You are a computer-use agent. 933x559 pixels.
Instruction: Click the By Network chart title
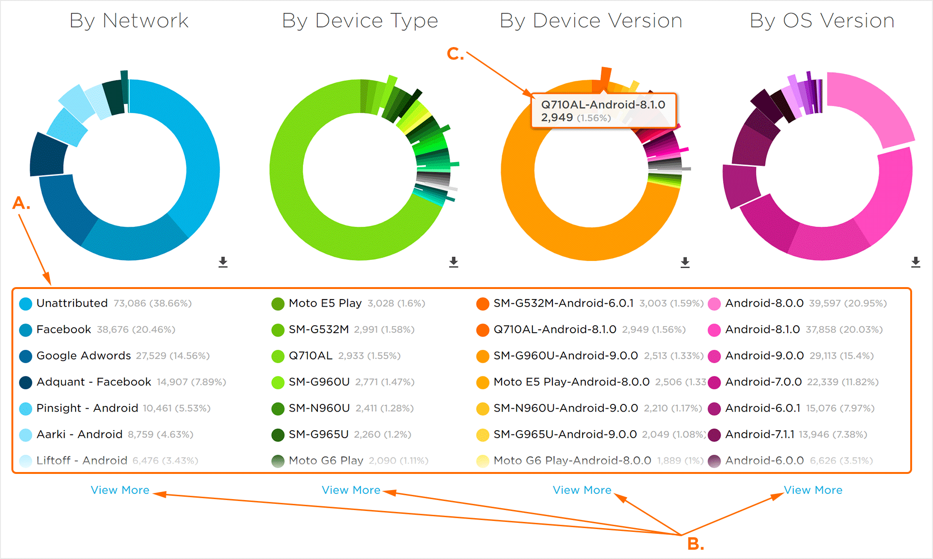click(129, 21)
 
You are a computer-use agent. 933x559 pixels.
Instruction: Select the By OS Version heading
click(822, 21)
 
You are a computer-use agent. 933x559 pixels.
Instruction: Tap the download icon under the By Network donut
click(223, 262)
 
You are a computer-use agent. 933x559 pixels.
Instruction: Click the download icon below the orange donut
click(685, 262)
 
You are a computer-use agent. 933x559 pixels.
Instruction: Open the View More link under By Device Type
click(351, 490)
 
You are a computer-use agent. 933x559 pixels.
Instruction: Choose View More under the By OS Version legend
click(813, 490)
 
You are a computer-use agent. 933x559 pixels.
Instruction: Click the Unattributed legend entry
click(72, 303)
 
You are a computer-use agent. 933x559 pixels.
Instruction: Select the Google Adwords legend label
click(84, 356)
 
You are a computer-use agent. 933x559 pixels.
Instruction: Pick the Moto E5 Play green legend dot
click(278, 304)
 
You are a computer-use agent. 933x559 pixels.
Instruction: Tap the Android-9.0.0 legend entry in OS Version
click(764, 356)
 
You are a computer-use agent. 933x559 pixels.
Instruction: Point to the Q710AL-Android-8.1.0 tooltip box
click(603, 110)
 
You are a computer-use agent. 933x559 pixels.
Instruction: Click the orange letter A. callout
click(21, 203)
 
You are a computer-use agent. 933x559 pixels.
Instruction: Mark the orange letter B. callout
click(695, 544)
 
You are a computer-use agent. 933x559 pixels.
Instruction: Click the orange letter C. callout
click(455, 54)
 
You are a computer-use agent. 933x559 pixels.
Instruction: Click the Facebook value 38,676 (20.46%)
click(136, 329)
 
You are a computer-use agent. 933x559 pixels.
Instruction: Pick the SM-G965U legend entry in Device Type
click(319, 434)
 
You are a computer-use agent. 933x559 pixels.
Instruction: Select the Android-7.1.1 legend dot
click(714, 434)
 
